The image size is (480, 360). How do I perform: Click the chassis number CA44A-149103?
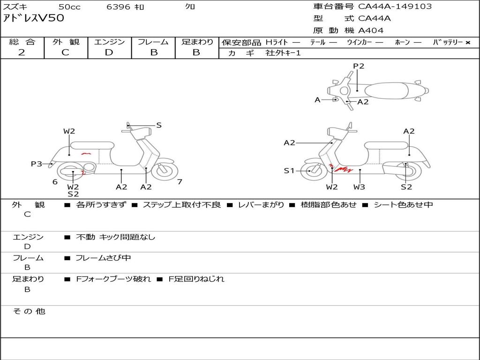coord(395,7)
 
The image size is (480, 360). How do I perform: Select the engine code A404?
coord(371,30)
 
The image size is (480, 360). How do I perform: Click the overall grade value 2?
coord(22,52)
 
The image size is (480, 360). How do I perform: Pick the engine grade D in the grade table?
coord(109,52)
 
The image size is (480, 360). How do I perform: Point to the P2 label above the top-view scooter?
coord(359,66)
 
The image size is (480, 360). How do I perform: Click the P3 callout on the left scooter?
coord(37,164)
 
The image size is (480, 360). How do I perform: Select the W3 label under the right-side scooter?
coord(360,187)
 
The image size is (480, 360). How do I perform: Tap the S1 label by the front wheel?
coord(290,171)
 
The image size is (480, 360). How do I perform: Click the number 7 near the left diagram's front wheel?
coord(180,182)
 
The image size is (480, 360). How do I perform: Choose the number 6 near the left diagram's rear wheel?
coord(55,182)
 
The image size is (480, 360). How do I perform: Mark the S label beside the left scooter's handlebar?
coord(159,125)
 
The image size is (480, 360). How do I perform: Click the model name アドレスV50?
coord(34,18)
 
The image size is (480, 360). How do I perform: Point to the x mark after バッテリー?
coord(467,42)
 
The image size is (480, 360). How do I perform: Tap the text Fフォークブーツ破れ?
coord(113,279)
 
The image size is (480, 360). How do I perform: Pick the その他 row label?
coord(29,311)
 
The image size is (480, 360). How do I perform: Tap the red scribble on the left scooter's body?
coord(85,153)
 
